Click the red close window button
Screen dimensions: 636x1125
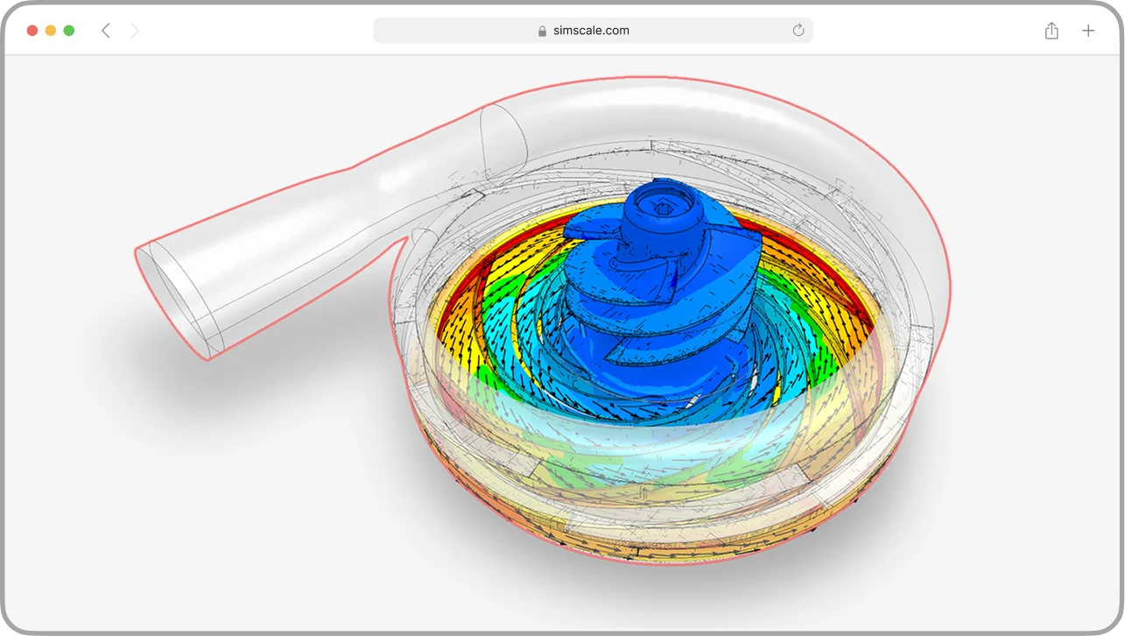[32, 31]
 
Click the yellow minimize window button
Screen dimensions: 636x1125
[51, 31]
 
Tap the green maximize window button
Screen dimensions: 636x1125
[69, 31]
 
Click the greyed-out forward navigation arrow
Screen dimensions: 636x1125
[134, 31]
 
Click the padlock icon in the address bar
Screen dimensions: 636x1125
[543, 31]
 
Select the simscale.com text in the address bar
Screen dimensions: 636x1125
[591, 31]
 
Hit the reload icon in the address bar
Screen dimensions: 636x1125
[798, 31]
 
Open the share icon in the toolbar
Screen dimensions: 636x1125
[1051, 31]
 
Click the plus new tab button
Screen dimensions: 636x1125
[1088, 31]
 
